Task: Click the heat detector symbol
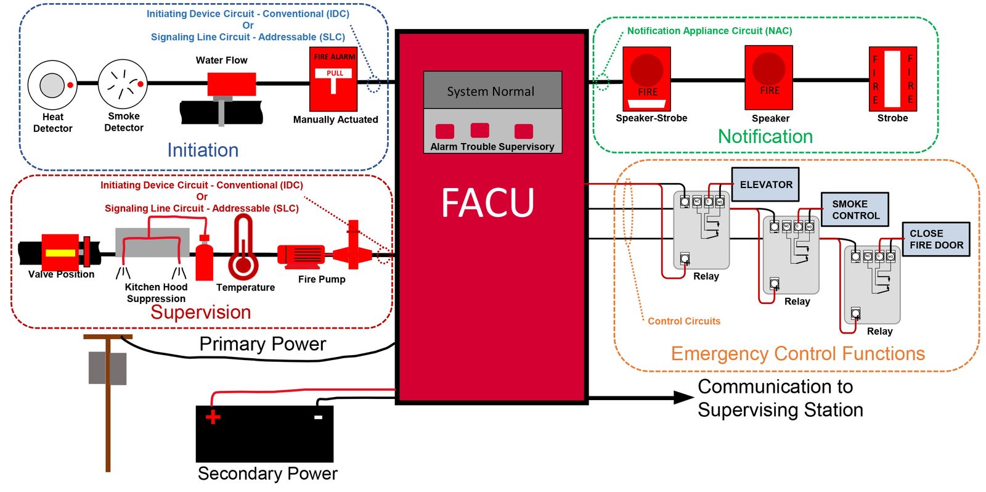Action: point(52,84)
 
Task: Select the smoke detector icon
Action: point(123,84)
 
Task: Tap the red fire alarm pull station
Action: point(333,79)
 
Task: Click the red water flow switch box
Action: point(231,84)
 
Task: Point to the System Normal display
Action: point(492,91)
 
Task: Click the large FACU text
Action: point(487,203)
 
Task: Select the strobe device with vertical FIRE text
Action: point(892,79)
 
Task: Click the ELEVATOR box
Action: point(765,184)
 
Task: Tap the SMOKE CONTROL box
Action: point(855,210)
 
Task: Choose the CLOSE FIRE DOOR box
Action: point(935,239)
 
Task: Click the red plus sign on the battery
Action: point(213,417)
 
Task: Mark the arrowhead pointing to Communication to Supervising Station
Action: point(684,398)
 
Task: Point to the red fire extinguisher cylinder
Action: point(204,259)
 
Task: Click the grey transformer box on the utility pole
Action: point(107,368)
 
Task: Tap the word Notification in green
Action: point(765,136)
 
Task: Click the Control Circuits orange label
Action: point(683,321)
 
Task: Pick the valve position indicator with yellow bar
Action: point(60,252)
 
